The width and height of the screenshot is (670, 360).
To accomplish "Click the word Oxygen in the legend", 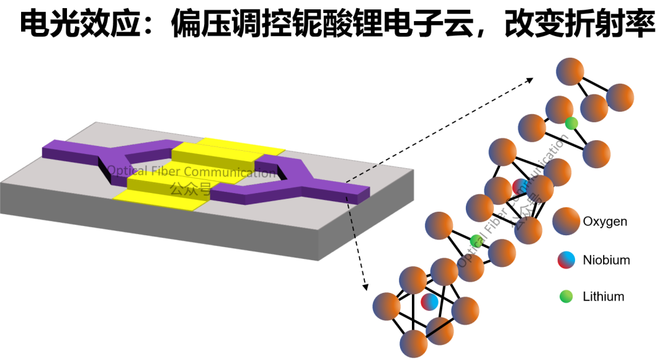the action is pyautogui.click(x=605, y=222).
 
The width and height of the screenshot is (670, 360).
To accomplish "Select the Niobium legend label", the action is pyautogui.click(x=606, y=260).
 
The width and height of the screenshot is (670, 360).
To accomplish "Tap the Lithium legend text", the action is pyautogui.click(x=604, y=296).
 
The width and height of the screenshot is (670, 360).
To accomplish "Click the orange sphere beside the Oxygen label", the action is pyautogui.click(x=566, y=221).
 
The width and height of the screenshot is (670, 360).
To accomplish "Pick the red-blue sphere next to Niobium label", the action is pyautogui.click(x=566, y=260).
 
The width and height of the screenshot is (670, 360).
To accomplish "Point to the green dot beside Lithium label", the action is pyautogui.click(x=566, y=296).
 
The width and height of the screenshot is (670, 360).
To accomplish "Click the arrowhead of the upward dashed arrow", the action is pyautogui.click(x=530, y=79).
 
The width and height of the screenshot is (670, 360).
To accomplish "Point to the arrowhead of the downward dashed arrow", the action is pyautogui.click(x=365, y=287).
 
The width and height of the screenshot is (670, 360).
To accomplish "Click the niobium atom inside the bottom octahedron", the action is pyautogui.click(x=429, y=302).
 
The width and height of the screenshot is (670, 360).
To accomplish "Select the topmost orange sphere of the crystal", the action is pyautogui.click(x=570, y=71).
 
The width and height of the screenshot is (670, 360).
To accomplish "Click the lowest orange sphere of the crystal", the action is pyautogui.click(x=414, y=344).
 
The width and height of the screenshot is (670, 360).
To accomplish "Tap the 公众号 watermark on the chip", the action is pyautogui.click(x=190, y=188).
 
